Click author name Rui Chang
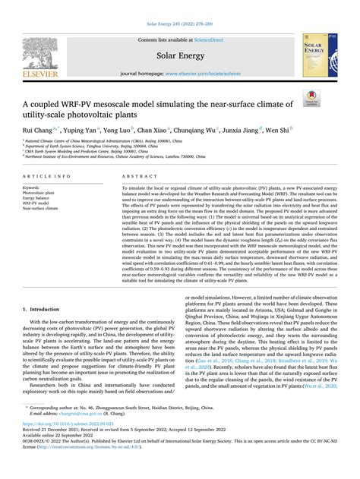(x=37, y=130)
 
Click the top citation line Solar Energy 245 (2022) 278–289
(x=179, y=6)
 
